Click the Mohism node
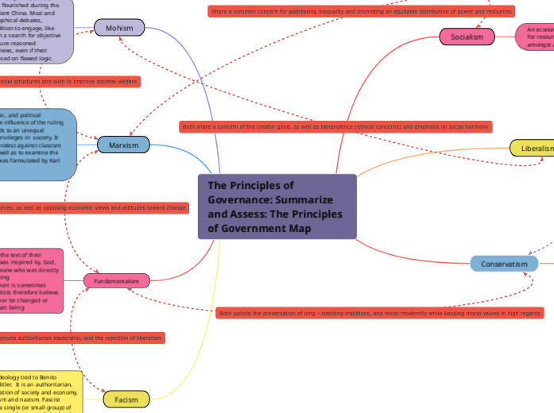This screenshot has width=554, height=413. tap(119, 29)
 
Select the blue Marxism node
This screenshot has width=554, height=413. tap(123, 145)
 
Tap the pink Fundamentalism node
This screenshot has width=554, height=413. tap(117, 281)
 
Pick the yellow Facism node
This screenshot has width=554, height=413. tap(126, 399)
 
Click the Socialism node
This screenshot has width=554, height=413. tap(467, 37)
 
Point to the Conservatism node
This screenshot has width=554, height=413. tap(504, 264)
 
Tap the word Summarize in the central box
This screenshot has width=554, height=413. tap(307, 199)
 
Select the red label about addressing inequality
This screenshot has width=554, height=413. tap(361, 11)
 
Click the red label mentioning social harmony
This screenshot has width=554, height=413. tap(335, 126)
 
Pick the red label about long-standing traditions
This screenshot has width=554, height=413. tap(379, 314)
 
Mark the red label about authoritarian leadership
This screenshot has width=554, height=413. tap(81, 338)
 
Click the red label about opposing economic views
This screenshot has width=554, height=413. tap(93, 207)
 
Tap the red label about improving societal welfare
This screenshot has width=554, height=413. tap(69, 81)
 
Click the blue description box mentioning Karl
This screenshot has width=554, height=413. tap(38, 144)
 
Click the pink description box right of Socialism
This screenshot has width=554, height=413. tap(535, 37)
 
